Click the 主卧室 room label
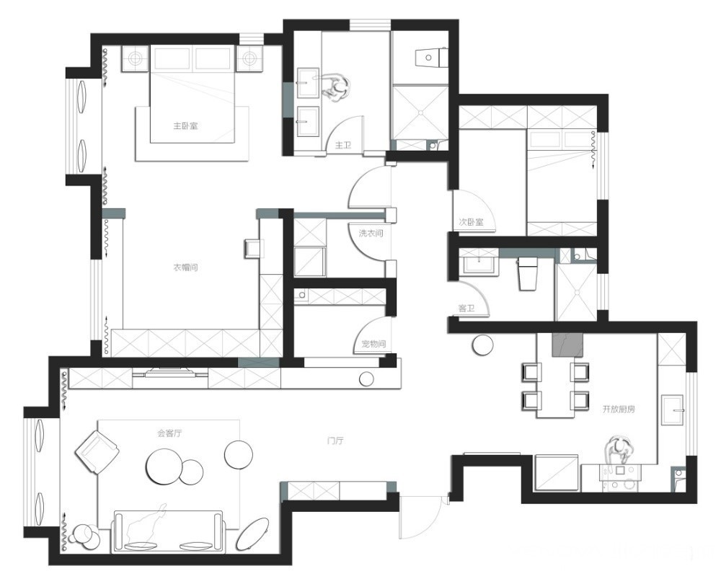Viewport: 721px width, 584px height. click(185, 125)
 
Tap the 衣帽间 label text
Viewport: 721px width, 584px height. click(185, 267)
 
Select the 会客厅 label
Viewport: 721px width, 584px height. click(169, 433)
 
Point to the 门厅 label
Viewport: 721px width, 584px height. click(335, 441)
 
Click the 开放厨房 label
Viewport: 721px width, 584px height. click(619, 409)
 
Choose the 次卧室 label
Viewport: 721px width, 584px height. click(472, 222)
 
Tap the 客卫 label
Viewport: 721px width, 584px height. click(466, 308)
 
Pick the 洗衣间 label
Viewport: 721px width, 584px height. click(371, 233)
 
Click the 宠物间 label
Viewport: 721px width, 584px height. click(373, 343)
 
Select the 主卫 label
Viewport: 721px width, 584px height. click(343, 146)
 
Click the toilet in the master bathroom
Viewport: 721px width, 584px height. click(430, 58)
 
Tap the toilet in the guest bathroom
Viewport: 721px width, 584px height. click(528, 273)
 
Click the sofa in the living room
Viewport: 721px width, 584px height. click(168, 531)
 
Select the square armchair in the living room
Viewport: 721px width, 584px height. click(97, 451)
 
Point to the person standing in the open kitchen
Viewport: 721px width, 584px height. click(619, 450)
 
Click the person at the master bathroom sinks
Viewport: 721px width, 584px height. click(337, 87)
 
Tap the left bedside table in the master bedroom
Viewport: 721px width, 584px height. click(136, 58)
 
